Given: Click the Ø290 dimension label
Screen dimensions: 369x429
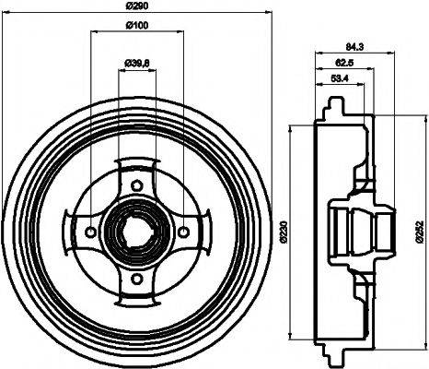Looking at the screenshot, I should [137, 7].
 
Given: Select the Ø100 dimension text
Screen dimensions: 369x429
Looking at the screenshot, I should [137, 25].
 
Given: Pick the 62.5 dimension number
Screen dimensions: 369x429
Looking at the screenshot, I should [345, 64].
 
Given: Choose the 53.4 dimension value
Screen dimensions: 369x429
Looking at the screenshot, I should [339, 80].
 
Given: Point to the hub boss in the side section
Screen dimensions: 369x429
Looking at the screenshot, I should [355, 229].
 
